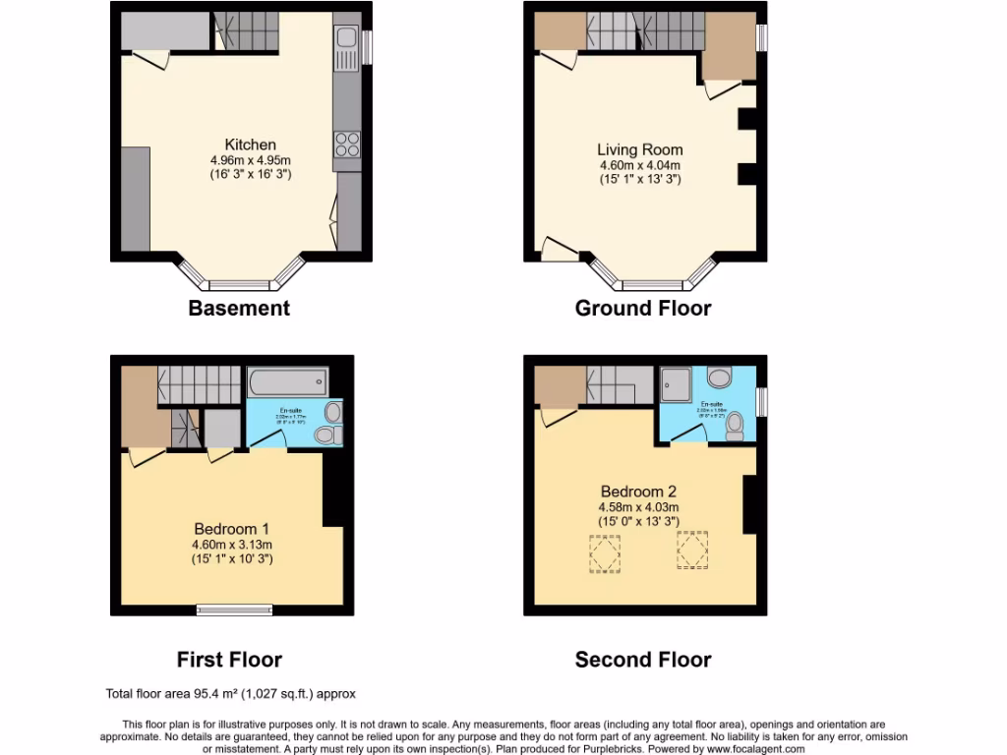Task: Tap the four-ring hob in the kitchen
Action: pos(347,145)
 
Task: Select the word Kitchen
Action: pos(250,145)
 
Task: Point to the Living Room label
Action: pos(639,149)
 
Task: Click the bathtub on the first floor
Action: pos(288,381)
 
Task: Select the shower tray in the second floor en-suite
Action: pos(677,378)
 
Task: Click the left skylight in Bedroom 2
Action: pos(604,552)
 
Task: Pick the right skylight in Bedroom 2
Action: pos(692,551)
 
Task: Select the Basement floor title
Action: pos(239,308)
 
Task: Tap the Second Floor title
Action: pos(643,660)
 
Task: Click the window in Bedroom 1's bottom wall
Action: pos(235,610)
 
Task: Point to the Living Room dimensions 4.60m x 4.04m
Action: pos(639,165)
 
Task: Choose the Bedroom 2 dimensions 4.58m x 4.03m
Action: pos(639,506)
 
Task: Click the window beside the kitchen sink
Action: pos(368,46)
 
